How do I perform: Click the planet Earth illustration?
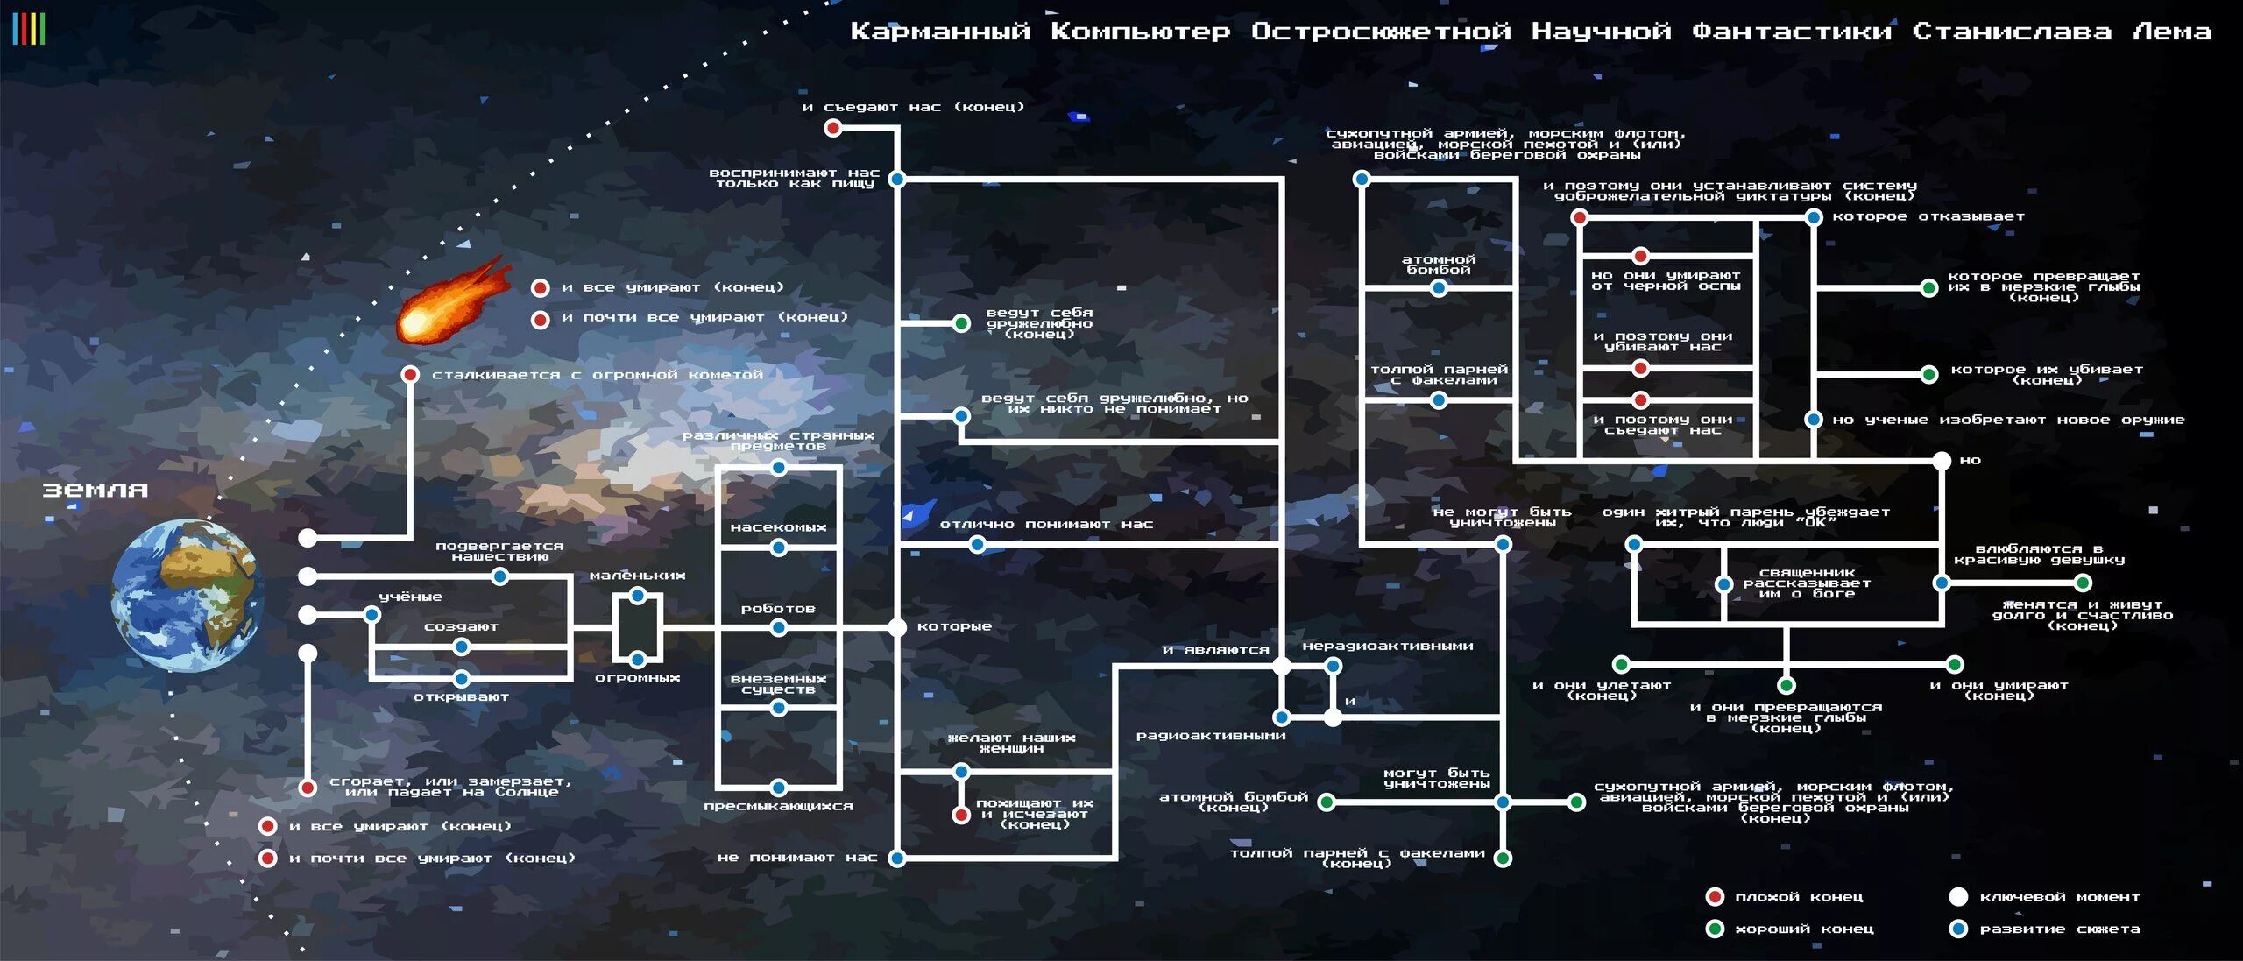(188, 596)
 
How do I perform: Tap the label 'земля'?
(96, 491)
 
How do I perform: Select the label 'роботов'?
(778, 609)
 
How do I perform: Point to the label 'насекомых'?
(778, 527)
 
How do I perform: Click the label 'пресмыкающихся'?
(778, 806)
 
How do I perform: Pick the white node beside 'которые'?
(897, 627)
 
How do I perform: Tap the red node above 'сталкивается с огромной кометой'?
(409, 375)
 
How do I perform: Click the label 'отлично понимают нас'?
(1046, 525)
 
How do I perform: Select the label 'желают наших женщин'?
(1012, 743)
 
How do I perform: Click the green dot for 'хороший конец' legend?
(1715, 929)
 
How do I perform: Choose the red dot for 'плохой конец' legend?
(1715, 897)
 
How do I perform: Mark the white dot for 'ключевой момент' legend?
(1958, 897)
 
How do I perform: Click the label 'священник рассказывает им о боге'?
(1807, 583)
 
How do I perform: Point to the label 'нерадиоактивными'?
(1388, 647)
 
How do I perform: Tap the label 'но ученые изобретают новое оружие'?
(2008, 420)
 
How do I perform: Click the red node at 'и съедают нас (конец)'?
(832, 129)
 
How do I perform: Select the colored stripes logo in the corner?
(29, 29)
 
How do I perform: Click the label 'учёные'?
(410, 597)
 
